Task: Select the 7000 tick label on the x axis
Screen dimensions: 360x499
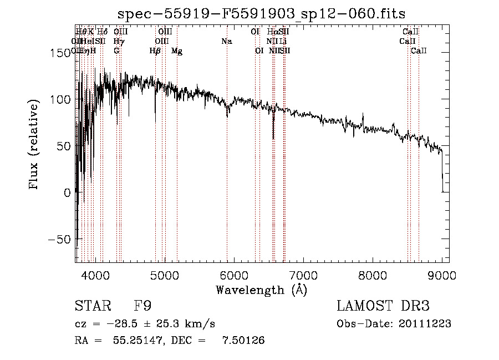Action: [x=303, y=275]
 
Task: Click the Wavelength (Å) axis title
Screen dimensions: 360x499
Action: [x=261, y=290]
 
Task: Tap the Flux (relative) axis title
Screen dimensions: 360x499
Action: [x=34, y=146]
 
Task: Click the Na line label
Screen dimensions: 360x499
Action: [x=226, y=41]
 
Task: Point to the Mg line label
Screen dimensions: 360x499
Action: [x=177, y=51]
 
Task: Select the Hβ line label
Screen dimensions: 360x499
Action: [x=155, y=51]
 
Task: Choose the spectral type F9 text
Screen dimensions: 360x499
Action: [x=143, y=306]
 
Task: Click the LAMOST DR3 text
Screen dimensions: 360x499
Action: [x=383, y=306]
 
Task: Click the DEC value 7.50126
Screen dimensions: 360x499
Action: [x=241, y=341]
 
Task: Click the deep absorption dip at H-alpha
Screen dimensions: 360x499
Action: [x=273, y=136]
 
